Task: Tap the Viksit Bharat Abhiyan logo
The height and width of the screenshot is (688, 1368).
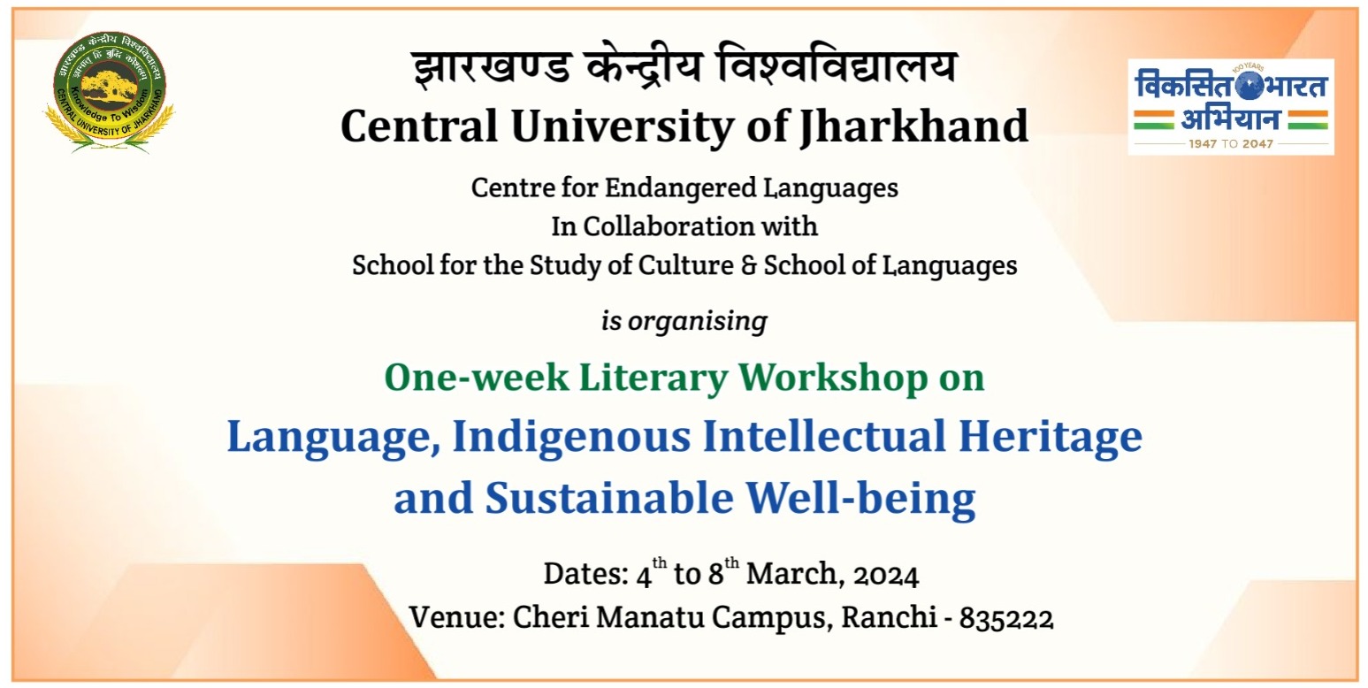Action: (x=1231, y=107)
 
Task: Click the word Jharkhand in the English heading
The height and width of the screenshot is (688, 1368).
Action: (x=914, y=127)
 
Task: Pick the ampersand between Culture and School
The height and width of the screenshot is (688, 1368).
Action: (x=749, y=266)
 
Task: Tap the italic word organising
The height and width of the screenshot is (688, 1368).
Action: (x=698, y=321)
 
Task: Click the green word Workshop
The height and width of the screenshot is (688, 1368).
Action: (x=833, y=378)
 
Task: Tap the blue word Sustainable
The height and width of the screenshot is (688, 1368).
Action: (x=609, y=498)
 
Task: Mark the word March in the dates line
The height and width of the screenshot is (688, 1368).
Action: (x=796, y=574)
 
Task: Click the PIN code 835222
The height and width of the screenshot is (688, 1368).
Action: (x=1005, y=618)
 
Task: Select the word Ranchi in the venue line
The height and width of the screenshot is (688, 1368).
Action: (x=890, y=617)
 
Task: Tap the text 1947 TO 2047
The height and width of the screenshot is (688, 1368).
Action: (x=1231, y=144)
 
